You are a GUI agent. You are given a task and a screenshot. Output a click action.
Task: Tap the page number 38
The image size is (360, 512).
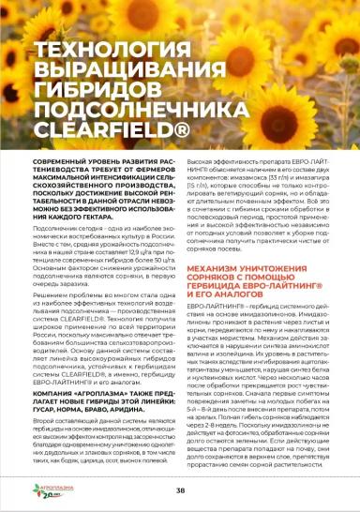click(179, 489)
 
